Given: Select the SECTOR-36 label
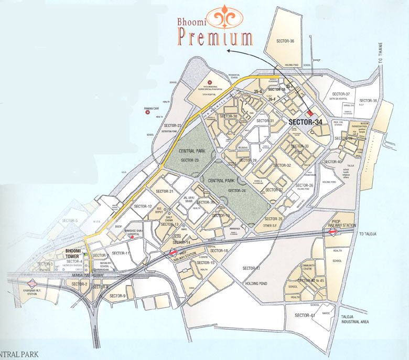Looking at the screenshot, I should click(x=285, y=41).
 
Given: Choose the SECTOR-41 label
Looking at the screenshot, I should click(x=304, y=315).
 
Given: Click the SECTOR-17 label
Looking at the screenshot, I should click(x=251, y=268).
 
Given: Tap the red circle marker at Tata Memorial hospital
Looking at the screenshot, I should click(x=209, y=82).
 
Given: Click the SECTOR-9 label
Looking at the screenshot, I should click(x=117, y=296).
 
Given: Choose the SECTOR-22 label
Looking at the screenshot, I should click(x=172, y=125).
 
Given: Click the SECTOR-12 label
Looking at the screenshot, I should click(x=143, y=206).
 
